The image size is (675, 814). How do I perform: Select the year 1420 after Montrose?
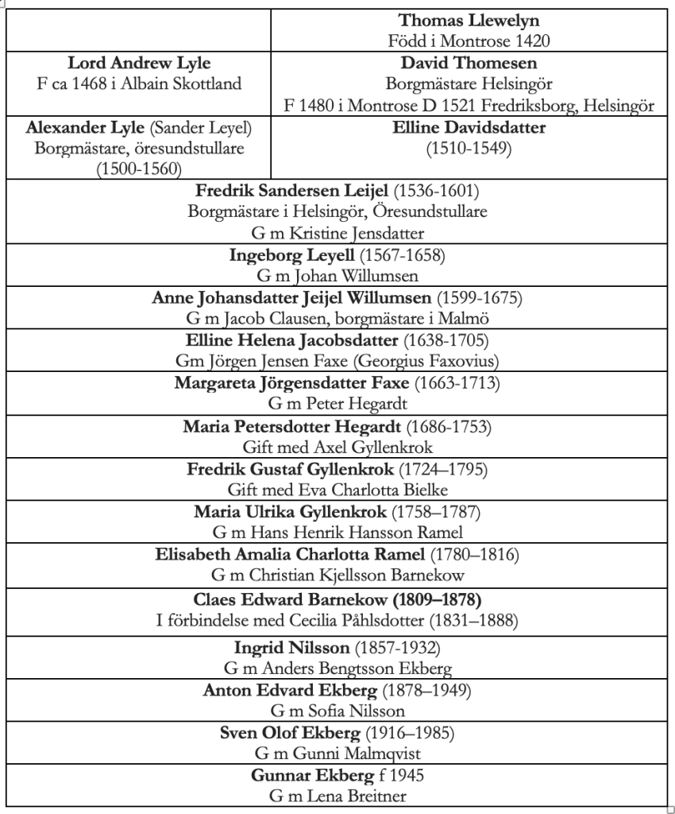[x=533, y=41]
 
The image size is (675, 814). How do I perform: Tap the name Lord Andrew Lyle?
[x=139, y=63]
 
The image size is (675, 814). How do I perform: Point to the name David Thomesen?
[x=469, y=63]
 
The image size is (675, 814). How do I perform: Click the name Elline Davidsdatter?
[x=469, y=127]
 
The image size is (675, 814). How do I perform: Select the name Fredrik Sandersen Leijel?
[x=293, y=192]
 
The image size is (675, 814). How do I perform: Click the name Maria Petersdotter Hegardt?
[x=284, y=427]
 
